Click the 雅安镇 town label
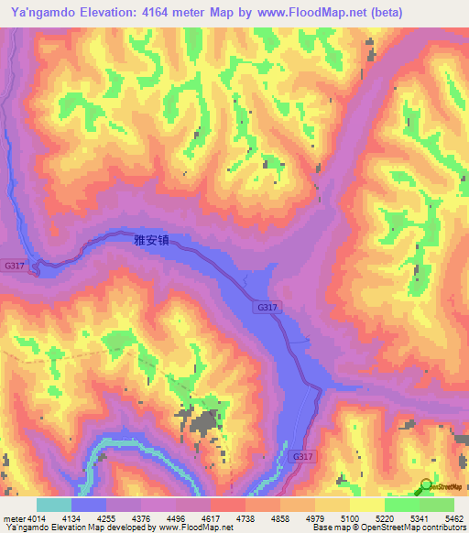pyautogui.click(x=152, y=241)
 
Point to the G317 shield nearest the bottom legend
pyautogui.click(x=303, y=455)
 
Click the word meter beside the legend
pyautogui.click(x=14, y=517)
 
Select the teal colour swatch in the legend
pyautogui.click(x=53, y=505)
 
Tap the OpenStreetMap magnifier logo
pyautogui.click(x=425, y=486)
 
